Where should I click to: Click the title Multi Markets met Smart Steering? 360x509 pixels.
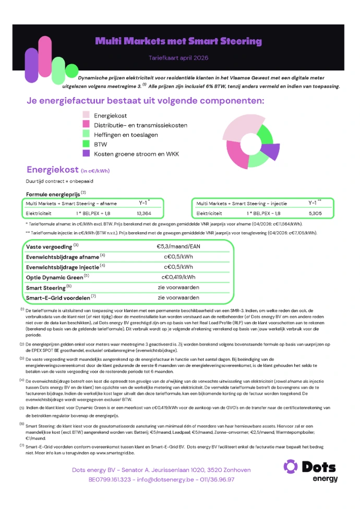click(x=178, y=41)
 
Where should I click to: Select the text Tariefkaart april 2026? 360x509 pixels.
click(x=178, y=58)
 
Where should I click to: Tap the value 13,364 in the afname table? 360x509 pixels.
click(x=143, y=213)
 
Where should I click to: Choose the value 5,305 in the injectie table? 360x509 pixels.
click(x=315, y=213)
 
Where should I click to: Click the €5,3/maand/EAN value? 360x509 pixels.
click(x=178, y=245)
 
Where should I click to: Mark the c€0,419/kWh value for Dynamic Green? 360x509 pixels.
click(x=178, y=277)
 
